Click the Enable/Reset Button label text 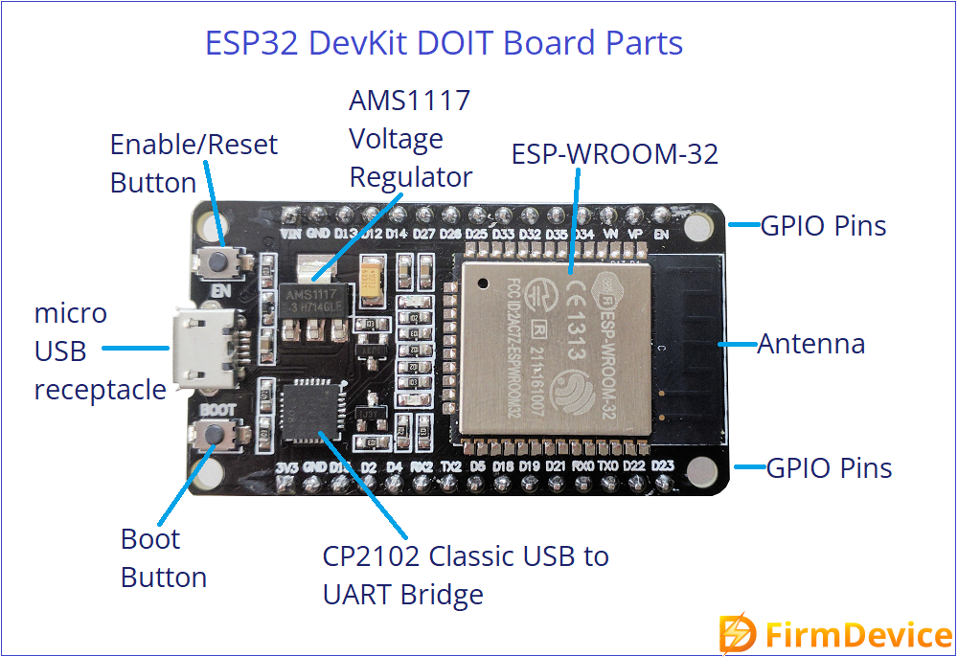click(193, 164)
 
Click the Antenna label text click(811, 344)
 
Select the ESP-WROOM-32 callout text click(614, 154)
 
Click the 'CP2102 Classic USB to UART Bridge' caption click(466, 575)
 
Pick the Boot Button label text click(164, 558)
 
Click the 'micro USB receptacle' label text click(100, 351)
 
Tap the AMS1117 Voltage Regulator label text click(410, 139)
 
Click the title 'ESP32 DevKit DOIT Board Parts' click(445, 43)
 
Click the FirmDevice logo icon click(738, 634)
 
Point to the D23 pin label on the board click(662, 466)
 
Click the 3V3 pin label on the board click(286, 468)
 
